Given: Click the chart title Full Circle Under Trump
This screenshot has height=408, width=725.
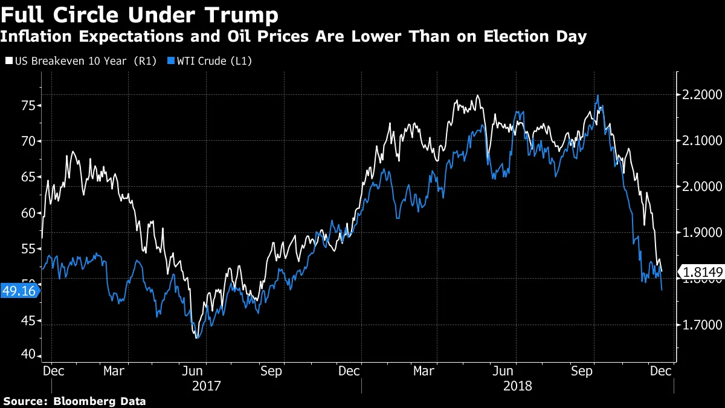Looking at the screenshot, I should (x=140, y=14).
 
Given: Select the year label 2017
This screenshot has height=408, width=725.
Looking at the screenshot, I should (x=206, y=385).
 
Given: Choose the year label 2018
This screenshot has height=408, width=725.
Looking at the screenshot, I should (x=517, y=385).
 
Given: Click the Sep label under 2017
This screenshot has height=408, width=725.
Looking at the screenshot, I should (x=271, y=371).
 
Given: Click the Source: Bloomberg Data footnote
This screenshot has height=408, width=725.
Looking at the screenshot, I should (x=75, y=401).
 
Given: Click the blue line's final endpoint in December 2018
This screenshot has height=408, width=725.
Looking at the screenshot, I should (x=662, y=290).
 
